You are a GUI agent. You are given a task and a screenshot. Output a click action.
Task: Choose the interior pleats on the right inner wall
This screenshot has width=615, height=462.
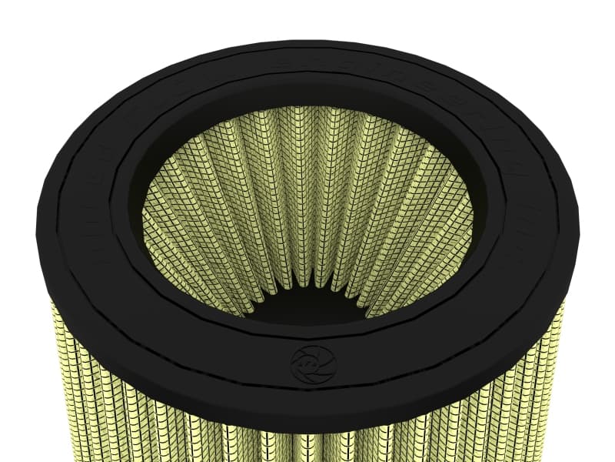coord(430,231)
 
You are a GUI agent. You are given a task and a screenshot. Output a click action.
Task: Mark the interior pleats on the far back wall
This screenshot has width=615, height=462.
coord(307,154)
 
